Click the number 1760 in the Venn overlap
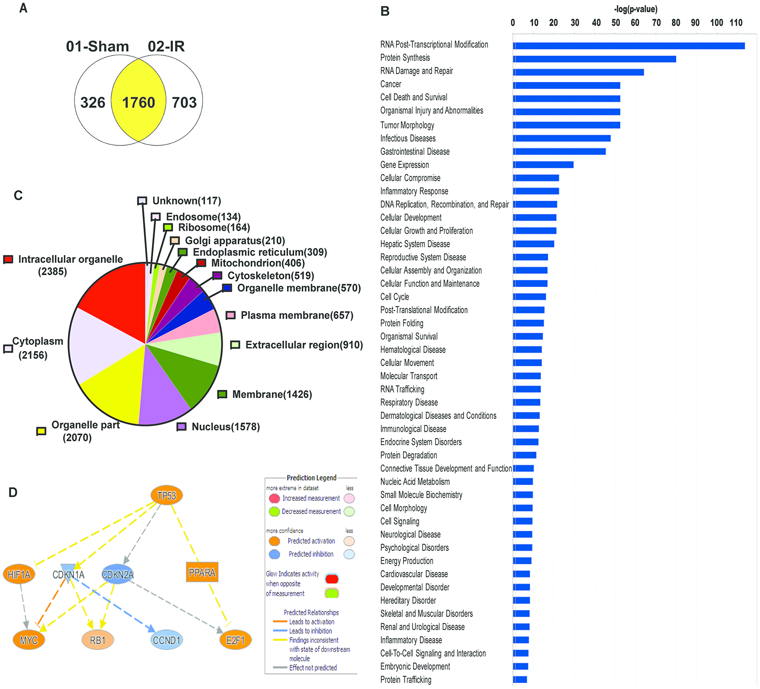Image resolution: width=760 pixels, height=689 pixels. [138, 103]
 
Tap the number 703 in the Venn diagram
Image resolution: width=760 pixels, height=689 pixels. [184, 103]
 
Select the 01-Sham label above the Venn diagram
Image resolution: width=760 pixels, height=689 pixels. [97, 46]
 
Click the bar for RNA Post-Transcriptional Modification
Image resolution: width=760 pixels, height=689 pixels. [629, 46]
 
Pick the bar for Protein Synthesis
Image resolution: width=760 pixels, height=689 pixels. [594, 59]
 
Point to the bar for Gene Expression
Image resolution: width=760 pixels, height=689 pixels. [543, 165]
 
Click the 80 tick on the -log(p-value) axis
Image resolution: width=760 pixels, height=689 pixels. [676, 23]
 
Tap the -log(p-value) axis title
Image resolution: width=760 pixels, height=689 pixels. [635, 9]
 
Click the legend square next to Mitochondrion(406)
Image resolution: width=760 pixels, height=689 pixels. [201, 263]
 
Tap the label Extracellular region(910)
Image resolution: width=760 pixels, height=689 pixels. [304, 345]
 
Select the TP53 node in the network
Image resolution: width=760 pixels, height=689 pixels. [167, 496]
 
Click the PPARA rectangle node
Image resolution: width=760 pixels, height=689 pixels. [202, 572]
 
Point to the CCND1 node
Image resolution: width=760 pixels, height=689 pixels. [166, 640]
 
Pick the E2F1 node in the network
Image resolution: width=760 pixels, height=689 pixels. [235, 640]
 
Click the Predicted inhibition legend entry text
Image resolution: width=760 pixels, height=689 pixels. [311, 554]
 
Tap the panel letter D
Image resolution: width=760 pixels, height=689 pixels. [13, 493]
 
